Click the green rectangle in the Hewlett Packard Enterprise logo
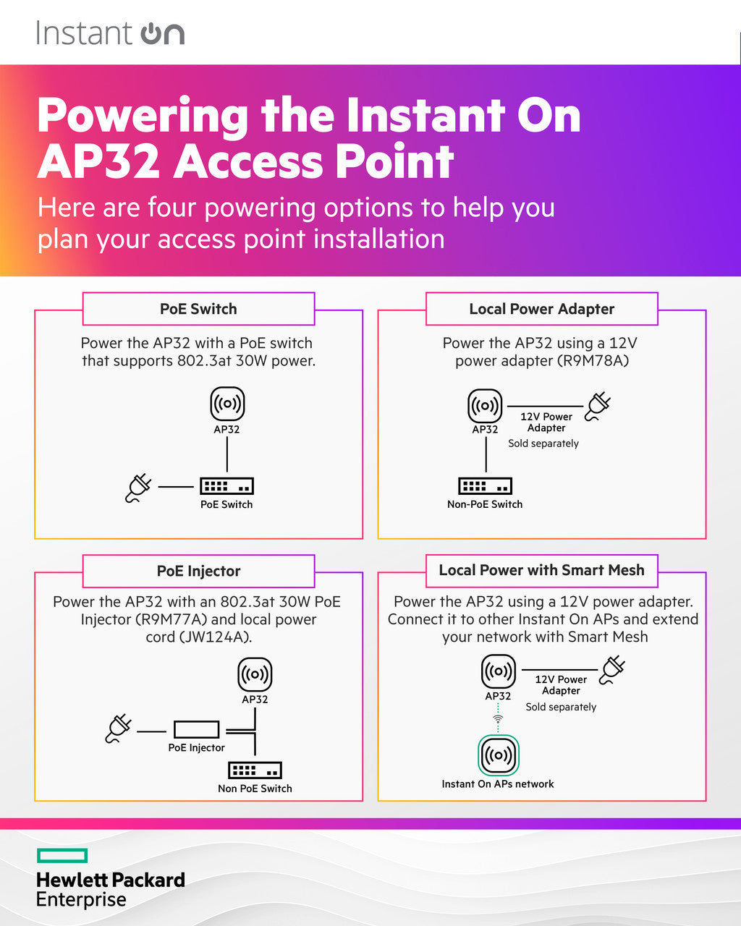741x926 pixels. [x=62, y=856]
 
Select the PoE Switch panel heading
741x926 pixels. [x=198, y=309]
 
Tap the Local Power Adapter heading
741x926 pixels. [x=541, y=309]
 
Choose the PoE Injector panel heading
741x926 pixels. [x=198, y=571]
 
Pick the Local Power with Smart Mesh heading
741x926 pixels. [x=541, y=570]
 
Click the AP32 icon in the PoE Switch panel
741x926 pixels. [x=227, y=404]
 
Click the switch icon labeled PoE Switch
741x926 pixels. [x=226, y=485]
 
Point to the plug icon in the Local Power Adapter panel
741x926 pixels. [x=598, y=407]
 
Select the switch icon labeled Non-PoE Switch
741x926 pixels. [x=485, y=485]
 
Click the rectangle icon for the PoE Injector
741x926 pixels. [x=196, y=729]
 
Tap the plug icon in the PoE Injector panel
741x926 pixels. [x=118, y=729]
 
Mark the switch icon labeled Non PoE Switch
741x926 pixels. [x=255, y=770]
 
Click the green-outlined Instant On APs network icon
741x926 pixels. [x=498, y=755]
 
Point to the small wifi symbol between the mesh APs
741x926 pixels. [x=498, y=718]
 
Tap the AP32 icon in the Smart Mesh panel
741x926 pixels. [x=499, y=672]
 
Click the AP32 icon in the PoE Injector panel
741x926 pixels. [x=255, y=675]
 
